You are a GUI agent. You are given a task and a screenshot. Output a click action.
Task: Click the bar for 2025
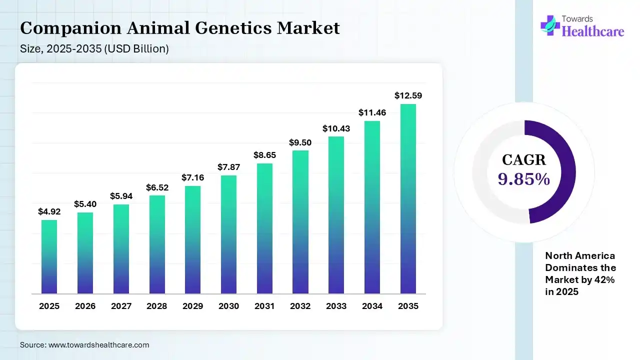point(49,256)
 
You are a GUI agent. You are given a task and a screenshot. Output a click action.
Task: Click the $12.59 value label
point(408,95)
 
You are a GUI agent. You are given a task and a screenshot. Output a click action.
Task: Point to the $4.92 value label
point(49,211)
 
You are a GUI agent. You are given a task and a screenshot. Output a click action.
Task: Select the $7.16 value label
point(192,178)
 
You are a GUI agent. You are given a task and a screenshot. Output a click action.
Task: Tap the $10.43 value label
point(336,128)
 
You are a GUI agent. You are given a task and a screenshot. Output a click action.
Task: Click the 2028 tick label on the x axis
point(156,306)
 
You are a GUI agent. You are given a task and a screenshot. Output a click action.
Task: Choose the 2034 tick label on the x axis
point(372,306)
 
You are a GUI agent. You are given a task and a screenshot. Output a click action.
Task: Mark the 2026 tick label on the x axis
point(85,306)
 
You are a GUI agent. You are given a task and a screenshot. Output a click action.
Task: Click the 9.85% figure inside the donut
point(524,179)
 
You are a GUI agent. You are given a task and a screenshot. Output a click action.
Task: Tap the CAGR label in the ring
point(524,160)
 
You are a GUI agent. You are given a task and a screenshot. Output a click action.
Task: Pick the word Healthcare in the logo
point(593,31)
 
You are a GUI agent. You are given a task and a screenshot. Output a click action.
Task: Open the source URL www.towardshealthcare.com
point(98,345)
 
